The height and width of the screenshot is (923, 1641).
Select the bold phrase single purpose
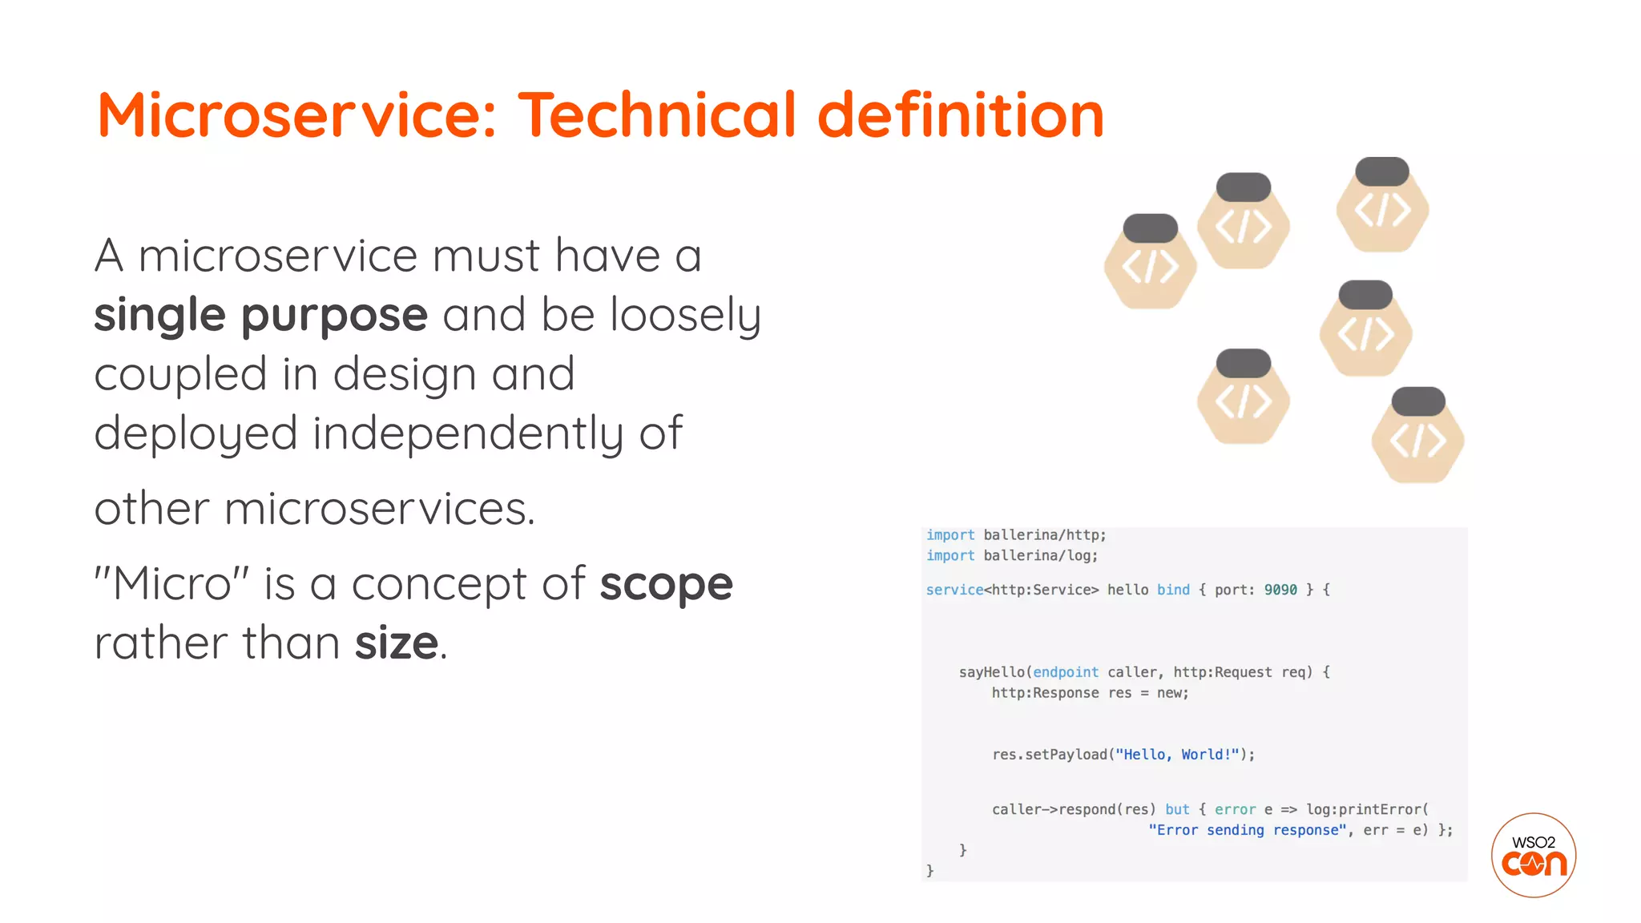(x=260, y=315)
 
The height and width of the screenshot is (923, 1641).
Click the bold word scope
(x=666, y=584)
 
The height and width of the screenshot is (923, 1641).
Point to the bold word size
(x=397, y=643)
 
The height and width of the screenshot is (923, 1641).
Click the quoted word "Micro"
(x=171, y=583)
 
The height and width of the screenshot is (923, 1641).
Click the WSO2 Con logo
(x=1533, y=855)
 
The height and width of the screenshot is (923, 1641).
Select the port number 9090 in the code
(x=1280, y=590)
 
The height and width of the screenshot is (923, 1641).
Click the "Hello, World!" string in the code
(x=1177, y=755)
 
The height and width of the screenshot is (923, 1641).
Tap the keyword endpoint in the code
(x=1065, y=672)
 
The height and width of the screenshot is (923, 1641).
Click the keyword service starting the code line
(x=954, y=590)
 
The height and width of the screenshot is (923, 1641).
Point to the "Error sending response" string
(x=1247, y=830)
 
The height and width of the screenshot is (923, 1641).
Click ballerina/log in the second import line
(x=1040, y=555)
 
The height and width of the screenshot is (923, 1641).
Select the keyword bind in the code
(x=1173, y=590)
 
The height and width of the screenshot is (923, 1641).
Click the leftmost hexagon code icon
(x=1150, y=264)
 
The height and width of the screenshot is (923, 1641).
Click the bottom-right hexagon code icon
(x=1417, y=438)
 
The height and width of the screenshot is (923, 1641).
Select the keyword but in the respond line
(x=1177, y=809)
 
